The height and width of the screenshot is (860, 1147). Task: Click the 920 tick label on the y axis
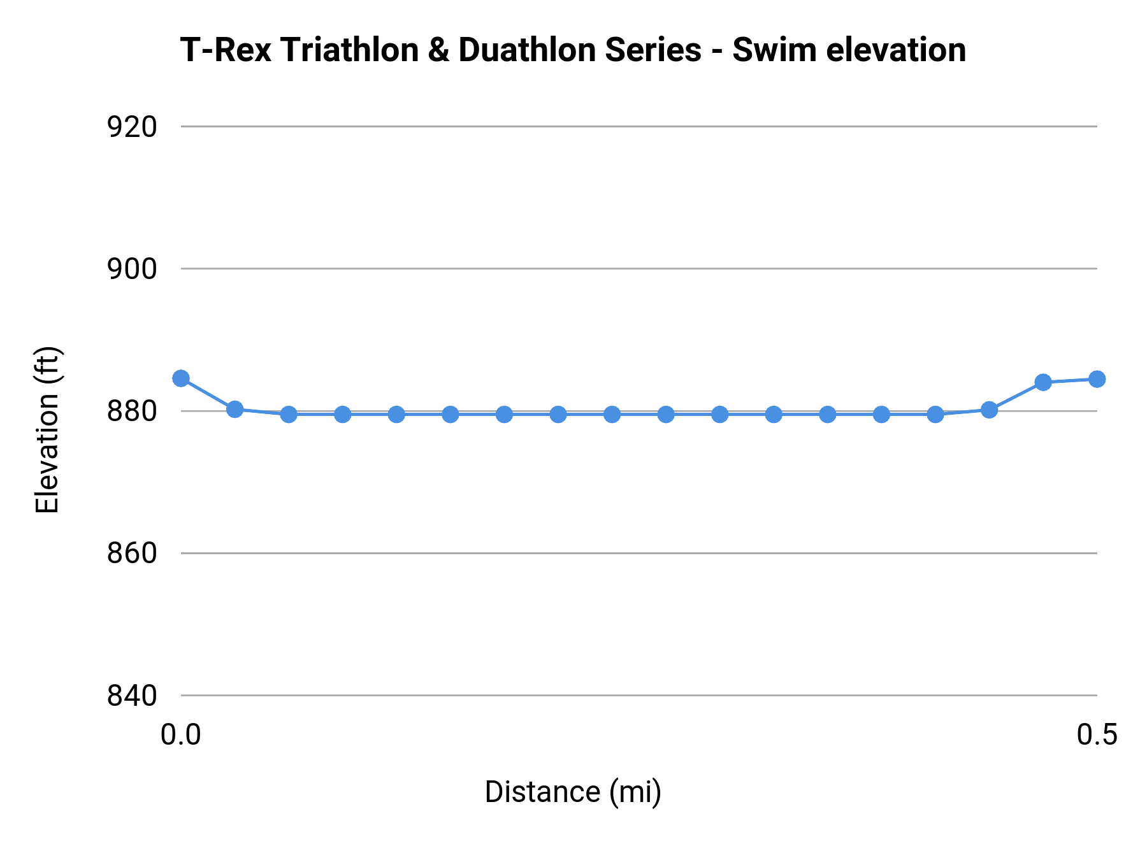[132, 127]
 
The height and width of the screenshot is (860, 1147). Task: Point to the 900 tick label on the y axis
[132, 269]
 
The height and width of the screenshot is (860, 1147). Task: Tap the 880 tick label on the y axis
[132, 412]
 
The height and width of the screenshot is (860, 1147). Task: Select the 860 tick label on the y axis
[132, 554]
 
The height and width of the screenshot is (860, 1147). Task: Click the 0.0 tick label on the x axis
[181, 735]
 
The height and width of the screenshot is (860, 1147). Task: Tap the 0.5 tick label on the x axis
[1097, 735]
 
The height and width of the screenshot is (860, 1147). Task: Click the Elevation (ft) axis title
[47, 429]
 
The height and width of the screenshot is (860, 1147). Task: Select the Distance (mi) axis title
[573, 792]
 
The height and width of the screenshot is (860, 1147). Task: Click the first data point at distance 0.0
[181, 378]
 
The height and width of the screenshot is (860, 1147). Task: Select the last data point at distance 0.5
[1097, 379]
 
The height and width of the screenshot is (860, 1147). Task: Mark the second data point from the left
[235, 409]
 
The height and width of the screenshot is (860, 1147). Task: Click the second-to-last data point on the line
[1043, 382]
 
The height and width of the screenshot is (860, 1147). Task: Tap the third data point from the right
[989, 410]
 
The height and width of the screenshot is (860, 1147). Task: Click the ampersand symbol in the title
[438, 50]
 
